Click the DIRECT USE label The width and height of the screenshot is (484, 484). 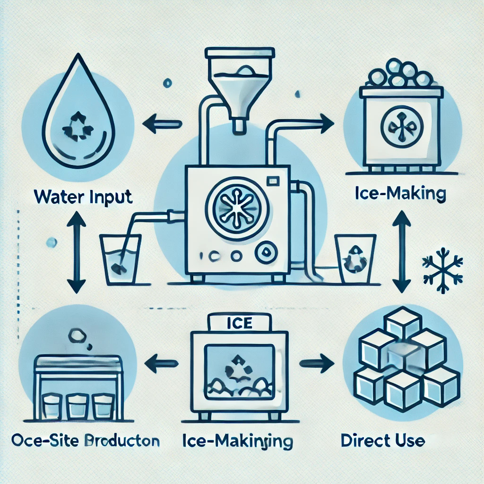(383, 441)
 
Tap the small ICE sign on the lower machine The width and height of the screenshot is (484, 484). (240, 324)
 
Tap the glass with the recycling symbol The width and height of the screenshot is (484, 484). (355, 259)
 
